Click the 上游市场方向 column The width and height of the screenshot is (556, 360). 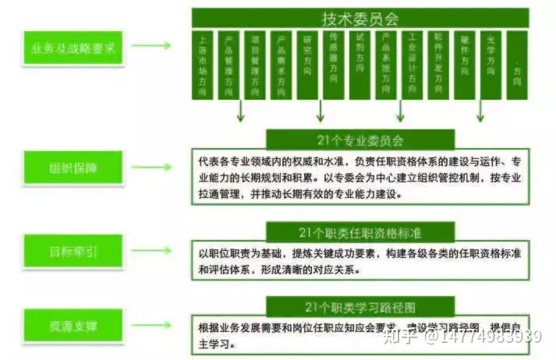point(204,65)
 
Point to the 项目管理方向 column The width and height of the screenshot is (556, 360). point(255,65)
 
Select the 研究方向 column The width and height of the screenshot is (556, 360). point(307,65)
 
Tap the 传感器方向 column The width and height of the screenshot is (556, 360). point(334,65)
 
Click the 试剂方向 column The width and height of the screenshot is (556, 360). point(359,65)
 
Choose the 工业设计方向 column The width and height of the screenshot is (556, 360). point(413,65)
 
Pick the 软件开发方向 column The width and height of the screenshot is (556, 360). point(439,65)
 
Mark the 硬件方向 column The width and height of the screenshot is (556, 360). point(466,65)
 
